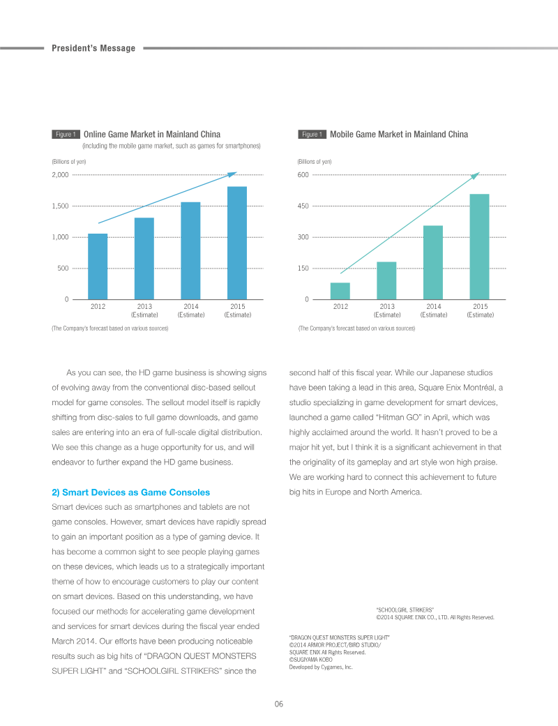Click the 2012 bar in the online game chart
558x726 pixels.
(x=98, y=266)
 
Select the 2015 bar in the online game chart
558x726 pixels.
(x=237, y=243)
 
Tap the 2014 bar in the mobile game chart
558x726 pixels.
(x=433, y=262)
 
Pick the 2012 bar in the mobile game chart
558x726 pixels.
(x=340, y=292)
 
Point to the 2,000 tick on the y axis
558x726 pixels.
(x=60, y=174)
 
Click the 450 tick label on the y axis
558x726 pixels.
(x=303, y=206)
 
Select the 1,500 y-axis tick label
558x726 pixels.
(x=60, y=206)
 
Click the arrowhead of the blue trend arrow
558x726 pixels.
(x=233, y=174)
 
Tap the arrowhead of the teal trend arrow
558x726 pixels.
(x=476, y=176)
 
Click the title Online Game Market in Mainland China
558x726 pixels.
(x=152, y=135)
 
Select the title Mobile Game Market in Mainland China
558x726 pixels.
(x=399, y=135)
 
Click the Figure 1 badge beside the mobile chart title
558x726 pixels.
(x=312, y=135)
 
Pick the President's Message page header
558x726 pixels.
(x=93, y=48)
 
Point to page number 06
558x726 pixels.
(x=279, y=704)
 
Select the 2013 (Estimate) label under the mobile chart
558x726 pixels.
(x=387, y=310)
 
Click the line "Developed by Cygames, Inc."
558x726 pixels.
(x=321, y=667)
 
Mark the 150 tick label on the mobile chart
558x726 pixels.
(x=303, y=268)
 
